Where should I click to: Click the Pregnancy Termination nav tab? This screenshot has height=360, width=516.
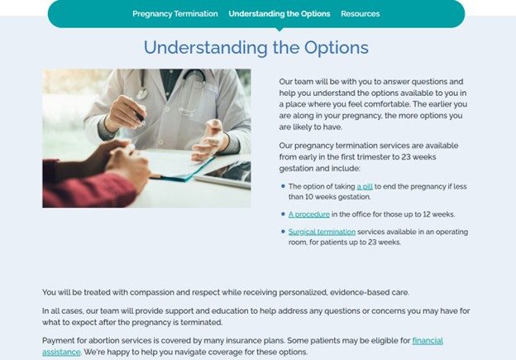tap(175, 14)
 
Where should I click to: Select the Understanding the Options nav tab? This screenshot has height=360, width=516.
tap(279, 14)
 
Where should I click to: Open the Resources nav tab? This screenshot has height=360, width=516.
tap(361, 14)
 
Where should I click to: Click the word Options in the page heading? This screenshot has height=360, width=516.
tap(336, 48)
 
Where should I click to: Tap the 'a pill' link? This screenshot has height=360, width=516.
tap(365, 186)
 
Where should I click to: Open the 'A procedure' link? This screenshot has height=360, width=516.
tap(309, 214)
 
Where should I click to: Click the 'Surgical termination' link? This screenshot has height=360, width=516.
tap(322, 232)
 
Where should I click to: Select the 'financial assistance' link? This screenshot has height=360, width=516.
tap(428, 341)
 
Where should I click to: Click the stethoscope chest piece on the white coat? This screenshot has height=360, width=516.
tap(142, 94)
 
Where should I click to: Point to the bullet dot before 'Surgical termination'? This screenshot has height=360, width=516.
tap(283, 231)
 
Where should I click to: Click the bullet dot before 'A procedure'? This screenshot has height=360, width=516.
tap(283, 214)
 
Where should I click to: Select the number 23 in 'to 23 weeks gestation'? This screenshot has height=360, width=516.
tap(406, 156)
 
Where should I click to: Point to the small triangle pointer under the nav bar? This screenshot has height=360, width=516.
tap(279, 29)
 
